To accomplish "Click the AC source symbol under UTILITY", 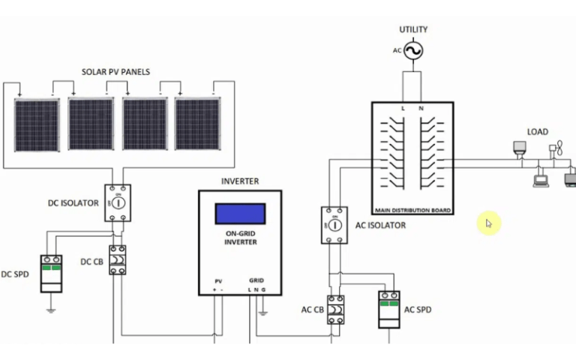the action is click(413, 51).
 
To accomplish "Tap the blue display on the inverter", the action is click(240, 214).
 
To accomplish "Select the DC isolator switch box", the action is click(118, 202).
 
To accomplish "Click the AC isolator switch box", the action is click(334, 225).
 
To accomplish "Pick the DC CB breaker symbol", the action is click(118, 260).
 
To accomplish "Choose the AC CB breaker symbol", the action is click(336, 310).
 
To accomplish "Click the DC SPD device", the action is click(51, 274).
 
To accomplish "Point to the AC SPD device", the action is click(389, 310).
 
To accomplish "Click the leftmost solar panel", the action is click(37, 124).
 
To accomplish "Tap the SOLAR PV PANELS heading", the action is click(115, 72).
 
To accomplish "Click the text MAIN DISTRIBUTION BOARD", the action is click(412, 211).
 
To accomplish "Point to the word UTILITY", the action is click(413, 29).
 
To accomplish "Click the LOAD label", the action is click(538, 132).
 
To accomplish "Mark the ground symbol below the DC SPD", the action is click(51, 310).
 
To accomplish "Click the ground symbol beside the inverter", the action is click(262, 313).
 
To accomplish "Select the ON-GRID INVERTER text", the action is click(241, 238).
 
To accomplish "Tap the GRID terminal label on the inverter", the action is click(256, 280).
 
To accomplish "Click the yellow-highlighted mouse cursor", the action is click(488, 223).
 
